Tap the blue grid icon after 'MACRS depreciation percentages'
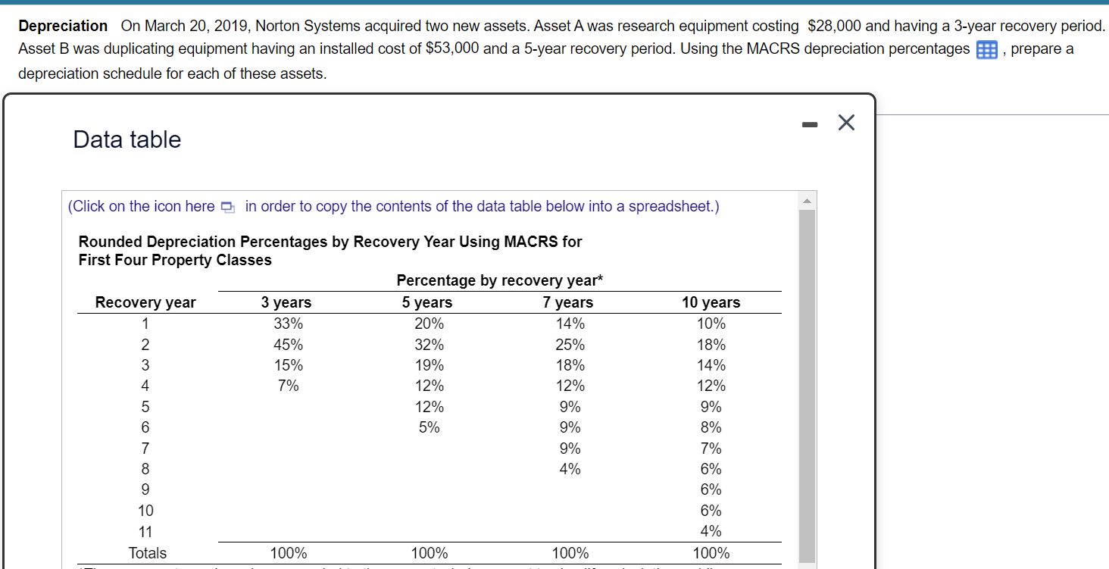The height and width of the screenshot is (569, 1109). [x=986, y=51]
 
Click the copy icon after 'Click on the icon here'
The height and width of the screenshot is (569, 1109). [x=227, y=208]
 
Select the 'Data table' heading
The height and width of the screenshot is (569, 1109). [x=127, y=139]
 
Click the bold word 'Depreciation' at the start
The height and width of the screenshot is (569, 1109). [x=63, y=26]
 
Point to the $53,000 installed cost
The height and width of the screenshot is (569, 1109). [x=452, y=49]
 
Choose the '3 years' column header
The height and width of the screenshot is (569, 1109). [x=286, y=302]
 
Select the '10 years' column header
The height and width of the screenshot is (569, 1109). [x=711, y=302]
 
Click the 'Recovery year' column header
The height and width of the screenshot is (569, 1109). [x=145, y=302]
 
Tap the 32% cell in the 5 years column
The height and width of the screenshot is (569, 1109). [x=430, y=345]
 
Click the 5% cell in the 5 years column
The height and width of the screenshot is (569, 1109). [x=430, y=427]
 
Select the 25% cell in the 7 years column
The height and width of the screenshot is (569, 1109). [x=570, y=345]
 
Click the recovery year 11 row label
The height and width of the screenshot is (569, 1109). [x=145, y=531]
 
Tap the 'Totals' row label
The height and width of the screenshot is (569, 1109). [x=148, y=553]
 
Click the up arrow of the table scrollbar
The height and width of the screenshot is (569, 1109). [x=806, y=201]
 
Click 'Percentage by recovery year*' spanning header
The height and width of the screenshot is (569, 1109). [x=500, y=280]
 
